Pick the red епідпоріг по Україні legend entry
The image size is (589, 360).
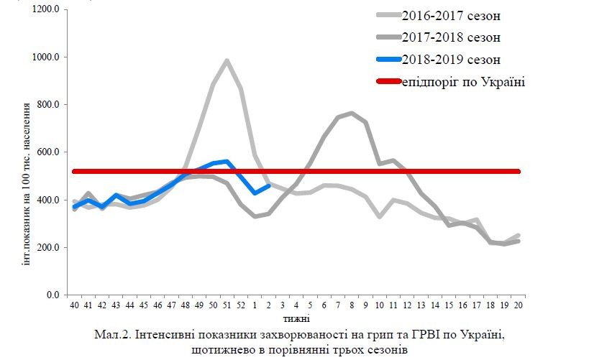coord(463,82)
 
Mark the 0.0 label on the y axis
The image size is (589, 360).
coord(54,295)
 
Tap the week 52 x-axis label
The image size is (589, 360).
coord(241,305)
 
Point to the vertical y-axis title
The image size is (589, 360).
coord(27,183)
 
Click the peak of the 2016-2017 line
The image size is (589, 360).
coord(227,61)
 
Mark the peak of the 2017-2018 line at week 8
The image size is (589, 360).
coord(351,113)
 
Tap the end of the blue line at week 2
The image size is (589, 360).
coord(268,185)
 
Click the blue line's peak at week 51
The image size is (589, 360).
coord(227,162)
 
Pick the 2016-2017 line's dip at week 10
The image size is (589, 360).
coord(380,216)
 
